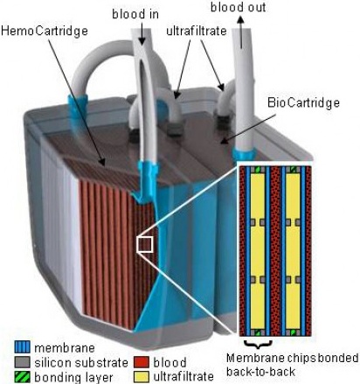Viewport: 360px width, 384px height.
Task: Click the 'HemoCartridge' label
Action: [45, 31]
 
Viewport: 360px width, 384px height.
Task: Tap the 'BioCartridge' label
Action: [303, 102]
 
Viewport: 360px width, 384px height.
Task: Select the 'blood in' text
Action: [135, 14]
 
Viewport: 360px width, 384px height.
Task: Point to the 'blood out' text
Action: [238, 7]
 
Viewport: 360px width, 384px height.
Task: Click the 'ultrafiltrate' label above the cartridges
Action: [197, 31]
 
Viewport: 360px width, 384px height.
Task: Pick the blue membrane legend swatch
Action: [22, 347]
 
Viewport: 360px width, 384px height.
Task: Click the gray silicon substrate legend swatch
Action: [22, 362]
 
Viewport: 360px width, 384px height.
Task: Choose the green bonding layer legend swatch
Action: [22, 376]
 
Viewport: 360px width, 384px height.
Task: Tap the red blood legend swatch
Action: [142, 362]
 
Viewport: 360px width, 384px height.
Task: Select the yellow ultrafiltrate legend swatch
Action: [142, 376]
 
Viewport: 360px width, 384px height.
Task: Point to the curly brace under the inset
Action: [258, 344]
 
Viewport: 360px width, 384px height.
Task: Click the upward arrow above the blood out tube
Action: [240, 31]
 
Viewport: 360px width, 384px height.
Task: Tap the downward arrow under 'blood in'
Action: [142, 33]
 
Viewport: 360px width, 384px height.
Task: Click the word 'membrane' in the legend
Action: [65, 347]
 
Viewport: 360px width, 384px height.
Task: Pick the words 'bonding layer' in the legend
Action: [73, 377]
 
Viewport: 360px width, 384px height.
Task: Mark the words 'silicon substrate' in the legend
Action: [81, 362]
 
